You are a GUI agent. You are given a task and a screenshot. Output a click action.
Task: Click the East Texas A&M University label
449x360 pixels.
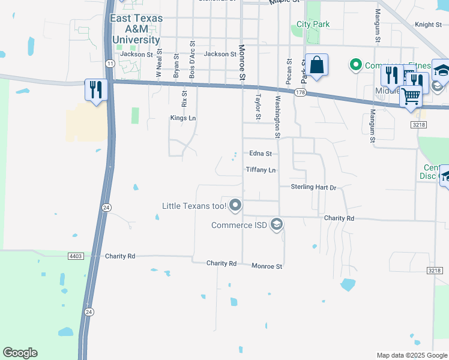pyautogui.click(x=136, y=29)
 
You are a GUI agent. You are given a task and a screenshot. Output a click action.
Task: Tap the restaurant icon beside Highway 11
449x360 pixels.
pyautogui.click(x=96, y=90)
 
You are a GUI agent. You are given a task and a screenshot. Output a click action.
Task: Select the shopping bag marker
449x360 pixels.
pyautogui.click(x=316, y=65)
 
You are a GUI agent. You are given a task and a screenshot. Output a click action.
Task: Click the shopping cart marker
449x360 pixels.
pyautogui.click(x=411, y=95)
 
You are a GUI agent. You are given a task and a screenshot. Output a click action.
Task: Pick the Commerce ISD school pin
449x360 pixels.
pyautogui.click(x=277, y=225)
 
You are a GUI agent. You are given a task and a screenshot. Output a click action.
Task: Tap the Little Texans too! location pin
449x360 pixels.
pyautogui.click(x=235, y=206)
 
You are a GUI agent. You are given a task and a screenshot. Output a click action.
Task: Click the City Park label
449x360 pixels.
pyautogui.click(x=313, y=25)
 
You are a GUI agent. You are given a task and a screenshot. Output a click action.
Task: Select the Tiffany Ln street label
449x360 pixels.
pyautogui.click(x=261, y=170)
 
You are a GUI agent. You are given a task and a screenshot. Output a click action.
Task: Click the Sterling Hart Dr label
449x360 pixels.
pyautogui.click(x=313, y=188)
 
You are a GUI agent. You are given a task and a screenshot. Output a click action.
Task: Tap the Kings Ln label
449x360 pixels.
pyautogui.click(x=183, y=118)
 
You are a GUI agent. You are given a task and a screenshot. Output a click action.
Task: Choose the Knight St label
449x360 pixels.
pyautogui.click(x=428, y=25)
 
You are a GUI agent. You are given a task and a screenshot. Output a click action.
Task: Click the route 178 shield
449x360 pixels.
pyautogui.click(x=300, y=92)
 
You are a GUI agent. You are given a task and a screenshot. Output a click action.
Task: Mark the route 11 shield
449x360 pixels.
pyautogui.click(x=109, y=63)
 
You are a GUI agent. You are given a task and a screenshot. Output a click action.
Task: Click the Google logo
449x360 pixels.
pyautogui.click(x=20, y=353)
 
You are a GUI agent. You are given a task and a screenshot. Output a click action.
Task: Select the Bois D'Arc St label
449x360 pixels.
pyautogui.click(x=192, y=60)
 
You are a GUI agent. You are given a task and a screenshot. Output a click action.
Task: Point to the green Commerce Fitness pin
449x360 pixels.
pyautogui.click(x=355, y=65)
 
